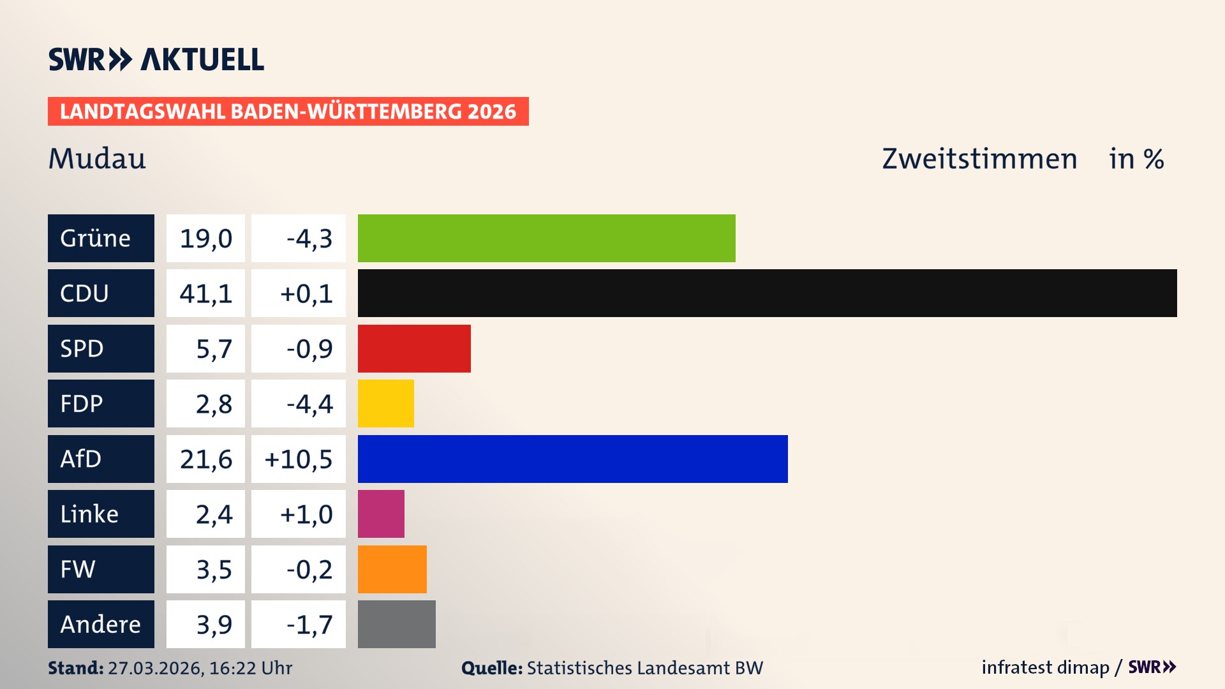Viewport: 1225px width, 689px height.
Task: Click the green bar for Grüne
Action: [546, 238]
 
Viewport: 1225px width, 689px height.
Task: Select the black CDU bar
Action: [767, 293]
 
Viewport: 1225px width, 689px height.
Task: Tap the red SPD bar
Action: [414, 348]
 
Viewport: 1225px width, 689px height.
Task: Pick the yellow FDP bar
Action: [385, 403]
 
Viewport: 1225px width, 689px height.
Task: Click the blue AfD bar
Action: [572, 459]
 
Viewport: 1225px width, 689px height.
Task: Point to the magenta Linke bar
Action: [381, 514]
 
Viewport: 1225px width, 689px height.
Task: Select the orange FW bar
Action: [392, 569]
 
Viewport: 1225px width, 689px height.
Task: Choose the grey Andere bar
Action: [396, 624]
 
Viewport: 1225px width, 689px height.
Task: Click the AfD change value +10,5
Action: [299, 459]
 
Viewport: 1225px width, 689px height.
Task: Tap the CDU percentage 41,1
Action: [205, 293]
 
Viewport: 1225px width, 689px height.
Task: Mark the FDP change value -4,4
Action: [309, 404]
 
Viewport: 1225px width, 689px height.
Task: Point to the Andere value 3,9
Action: [214, 625]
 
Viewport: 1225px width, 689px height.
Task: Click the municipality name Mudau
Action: [97, 158]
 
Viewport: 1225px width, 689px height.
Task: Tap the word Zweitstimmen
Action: [979, 159]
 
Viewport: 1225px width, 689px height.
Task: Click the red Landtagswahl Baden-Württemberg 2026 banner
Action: [288, 111]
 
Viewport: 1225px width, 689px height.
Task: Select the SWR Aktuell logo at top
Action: [156, 59]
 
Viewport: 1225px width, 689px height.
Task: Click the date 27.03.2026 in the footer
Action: [155, 668]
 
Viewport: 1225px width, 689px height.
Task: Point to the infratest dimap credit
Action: [1045, 667]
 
